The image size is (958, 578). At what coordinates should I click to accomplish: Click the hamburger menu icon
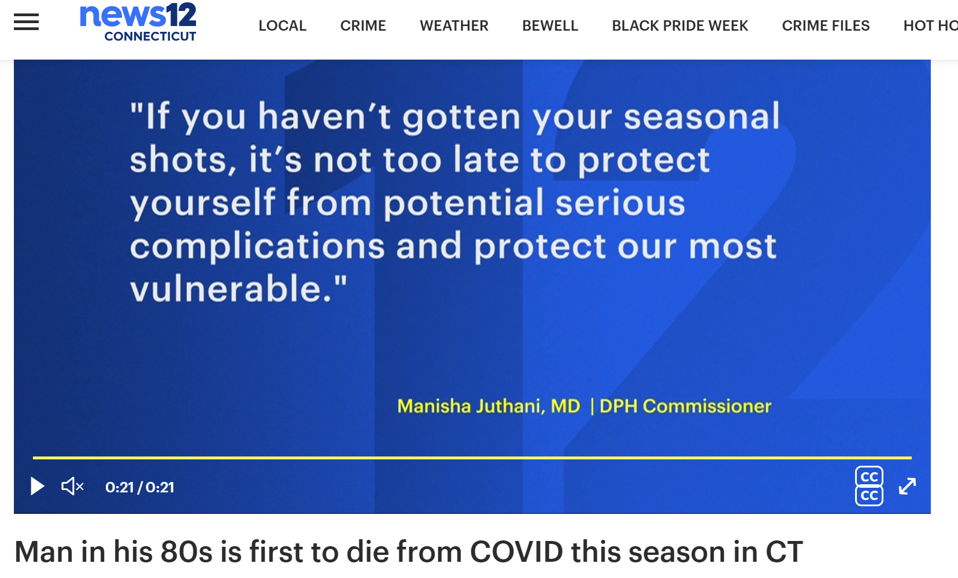26,22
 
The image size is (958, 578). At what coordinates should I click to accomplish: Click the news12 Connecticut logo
138,22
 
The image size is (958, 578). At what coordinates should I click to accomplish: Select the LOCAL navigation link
282,25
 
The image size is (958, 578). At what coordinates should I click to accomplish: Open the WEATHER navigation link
454,25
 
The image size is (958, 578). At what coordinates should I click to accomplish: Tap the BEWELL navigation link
550,25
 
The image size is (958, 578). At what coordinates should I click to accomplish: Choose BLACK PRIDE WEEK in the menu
680,25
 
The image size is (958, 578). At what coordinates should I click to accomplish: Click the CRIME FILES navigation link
826,25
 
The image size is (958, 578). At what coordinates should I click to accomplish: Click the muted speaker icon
73,487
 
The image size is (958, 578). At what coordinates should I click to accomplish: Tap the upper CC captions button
869,477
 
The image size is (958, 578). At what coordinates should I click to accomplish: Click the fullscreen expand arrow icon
907,487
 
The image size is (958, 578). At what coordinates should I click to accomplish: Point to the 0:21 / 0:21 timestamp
140,487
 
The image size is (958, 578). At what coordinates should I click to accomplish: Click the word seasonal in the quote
702,116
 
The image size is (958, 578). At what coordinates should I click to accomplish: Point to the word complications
257,247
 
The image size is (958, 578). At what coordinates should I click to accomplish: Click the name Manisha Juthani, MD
489,406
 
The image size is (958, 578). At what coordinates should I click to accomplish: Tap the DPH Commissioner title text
686,406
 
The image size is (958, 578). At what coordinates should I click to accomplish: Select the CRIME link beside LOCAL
363,25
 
